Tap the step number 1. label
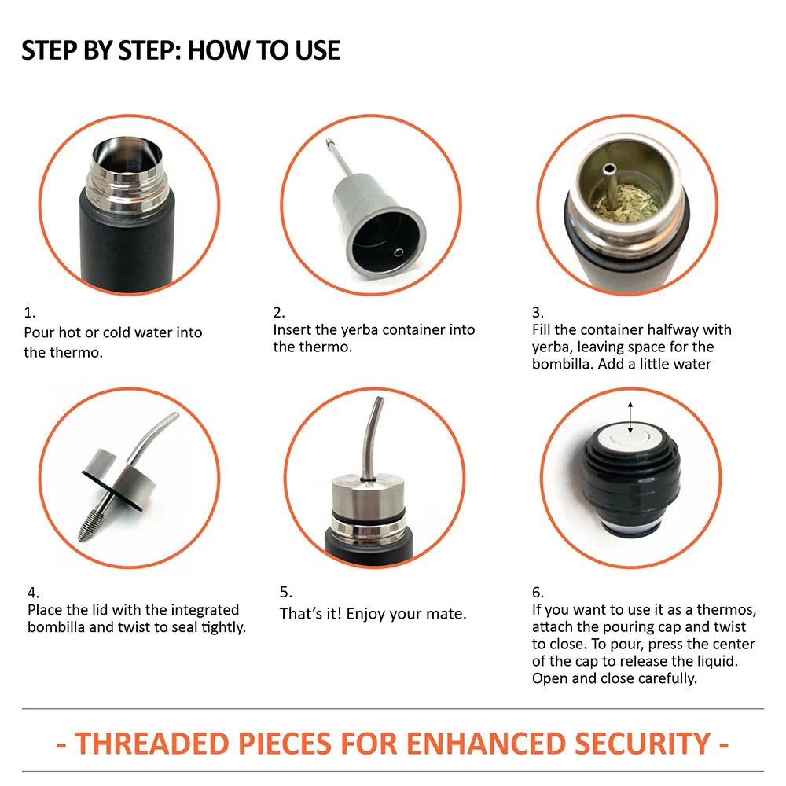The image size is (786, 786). [30, 313]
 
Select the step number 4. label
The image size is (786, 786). [32, 593]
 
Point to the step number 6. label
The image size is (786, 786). [538, 593]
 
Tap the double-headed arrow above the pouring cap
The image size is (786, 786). [630, 417]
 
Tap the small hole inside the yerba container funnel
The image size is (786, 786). [399, 252]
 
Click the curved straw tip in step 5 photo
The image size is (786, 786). [380, 401]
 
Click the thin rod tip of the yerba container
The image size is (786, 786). [329, 142]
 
